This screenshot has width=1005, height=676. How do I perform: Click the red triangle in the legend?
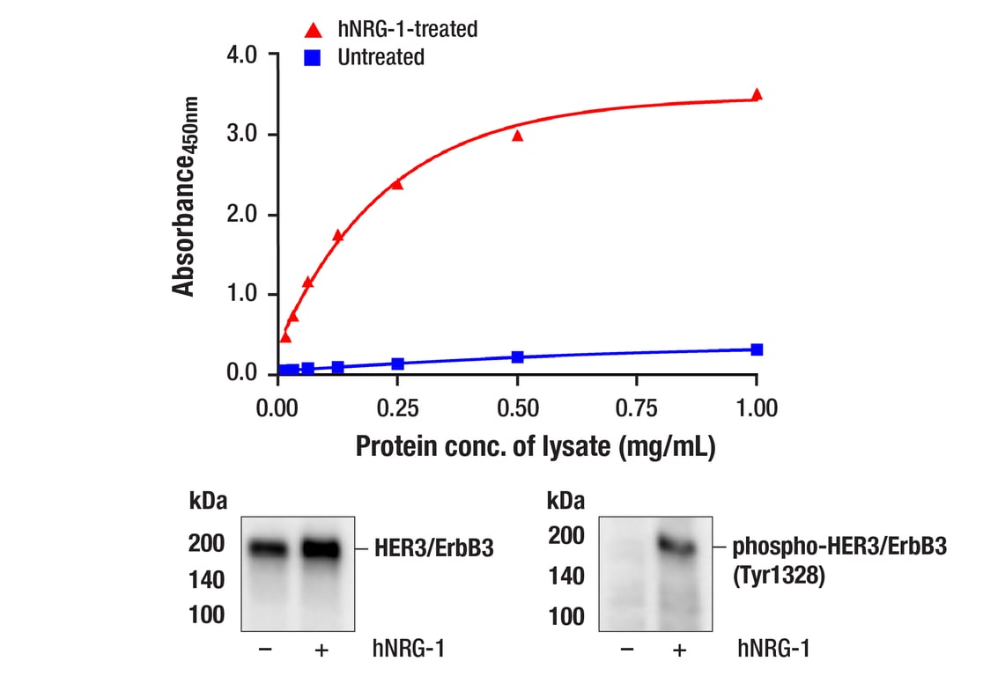click(x=313, y=30)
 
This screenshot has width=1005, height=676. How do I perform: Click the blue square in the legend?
click(x=313, y=58)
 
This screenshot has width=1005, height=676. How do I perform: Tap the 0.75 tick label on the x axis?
click(x=637, y=408)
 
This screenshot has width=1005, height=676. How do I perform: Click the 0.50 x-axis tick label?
click(x=517, y=408)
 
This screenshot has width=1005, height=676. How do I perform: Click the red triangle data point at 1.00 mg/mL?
click(x=757, y=94)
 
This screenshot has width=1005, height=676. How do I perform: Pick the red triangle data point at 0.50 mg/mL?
click(x=517, y=136)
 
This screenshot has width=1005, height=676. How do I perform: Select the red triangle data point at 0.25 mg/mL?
click(x=397, y=184)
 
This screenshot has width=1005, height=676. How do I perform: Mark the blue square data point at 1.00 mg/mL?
click(x=757, y=349)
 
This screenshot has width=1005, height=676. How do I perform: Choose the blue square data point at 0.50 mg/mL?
click(x=517, y=356)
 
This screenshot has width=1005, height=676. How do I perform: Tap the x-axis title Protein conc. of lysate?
click(x=535, y=446)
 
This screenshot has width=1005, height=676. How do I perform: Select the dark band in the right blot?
click(x=676, y=547)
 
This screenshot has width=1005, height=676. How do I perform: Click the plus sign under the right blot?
click(x=677, y=650)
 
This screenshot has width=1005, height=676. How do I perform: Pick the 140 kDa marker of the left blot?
click(x=206, y=580)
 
